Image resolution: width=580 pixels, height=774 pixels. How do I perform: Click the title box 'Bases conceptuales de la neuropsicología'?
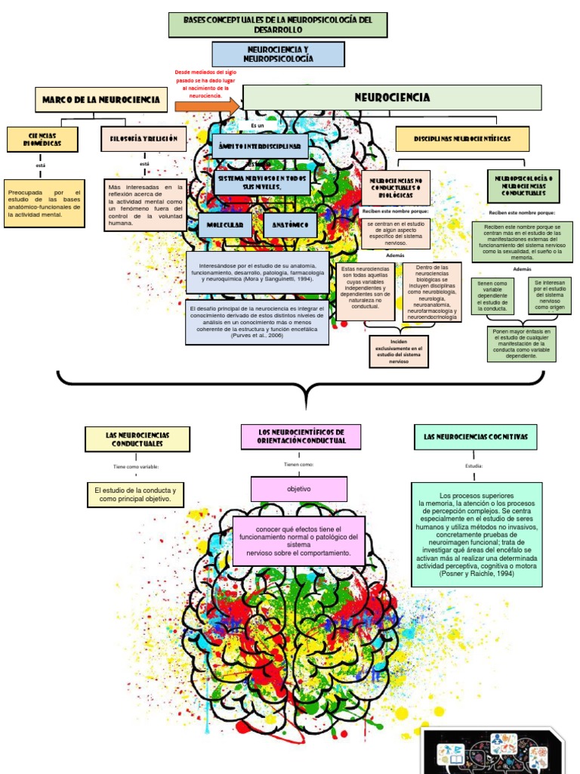pos(277,25)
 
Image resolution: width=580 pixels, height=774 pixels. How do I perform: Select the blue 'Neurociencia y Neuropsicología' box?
pos(278,54)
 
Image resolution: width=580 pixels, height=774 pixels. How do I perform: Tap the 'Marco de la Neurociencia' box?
pos(101,99)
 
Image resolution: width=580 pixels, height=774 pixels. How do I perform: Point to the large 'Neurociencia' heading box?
pos(392,98)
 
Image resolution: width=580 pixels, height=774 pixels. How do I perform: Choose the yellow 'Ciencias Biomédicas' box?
pos(43,138)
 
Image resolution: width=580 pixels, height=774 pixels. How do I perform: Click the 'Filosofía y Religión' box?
pos(143,138)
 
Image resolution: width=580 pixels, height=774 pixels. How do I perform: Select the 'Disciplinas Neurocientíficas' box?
pos(462,139)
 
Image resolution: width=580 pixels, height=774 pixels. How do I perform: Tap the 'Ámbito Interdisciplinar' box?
pos(260,145)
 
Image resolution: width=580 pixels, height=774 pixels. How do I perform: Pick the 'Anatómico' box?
pos(290,225)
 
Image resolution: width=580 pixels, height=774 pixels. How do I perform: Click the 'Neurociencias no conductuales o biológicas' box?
pos(396,187)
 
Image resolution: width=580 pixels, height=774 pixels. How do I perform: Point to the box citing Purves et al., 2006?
pos(257,321)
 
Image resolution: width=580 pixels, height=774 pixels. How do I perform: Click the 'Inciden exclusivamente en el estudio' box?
pos(399,351)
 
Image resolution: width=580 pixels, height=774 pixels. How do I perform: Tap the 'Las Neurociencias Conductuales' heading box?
pos(137,439)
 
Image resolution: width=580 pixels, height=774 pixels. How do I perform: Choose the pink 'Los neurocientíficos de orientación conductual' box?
pos(301,436)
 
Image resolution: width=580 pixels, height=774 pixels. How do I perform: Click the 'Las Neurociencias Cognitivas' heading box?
pos(475,437)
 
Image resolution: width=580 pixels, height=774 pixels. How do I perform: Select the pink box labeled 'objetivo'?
pos(298,489)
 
